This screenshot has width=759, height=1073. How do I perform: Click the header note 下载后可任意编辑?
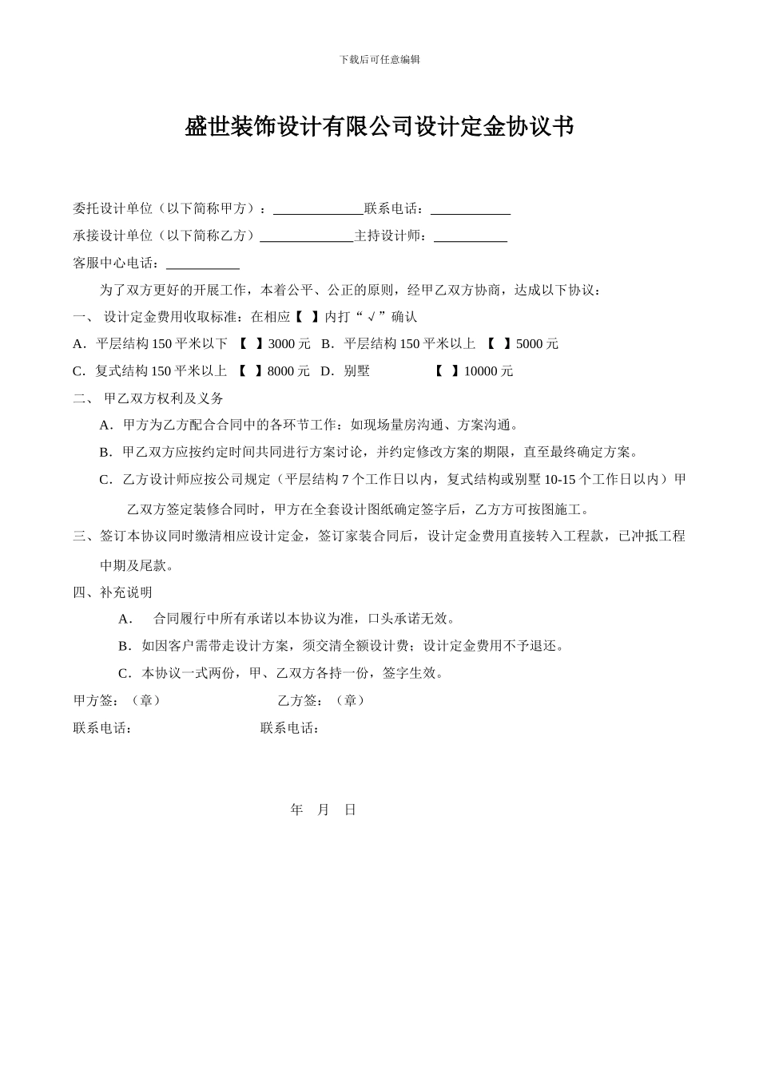click(379, 59)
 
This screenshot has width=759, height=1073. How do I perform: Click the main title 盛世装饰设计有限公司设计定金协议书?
click(379, 126)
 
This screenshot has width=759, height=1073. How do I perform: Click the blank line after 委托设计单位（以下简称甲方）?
click(318, 209)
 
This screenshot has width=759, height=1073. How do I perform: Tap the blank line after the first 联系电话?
click(470, 209)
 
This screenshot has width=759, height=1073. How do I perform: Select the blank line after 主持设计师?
click(470, 236)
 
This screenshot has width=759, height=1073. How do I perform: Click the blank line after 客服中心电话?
click(202, 263)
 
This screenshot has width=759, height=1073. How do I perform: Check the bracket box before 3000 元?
click(251, 344)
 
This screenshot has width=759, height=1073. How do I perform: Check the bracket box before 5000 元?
click(499, 344)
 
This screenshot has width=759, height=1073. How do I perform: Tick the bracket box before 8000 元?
click(250, 371)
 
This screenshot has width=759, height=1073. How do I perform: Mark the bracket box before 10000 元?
click(447, 371)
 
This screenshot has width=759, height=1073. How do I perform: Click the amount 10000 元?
click(488, 371)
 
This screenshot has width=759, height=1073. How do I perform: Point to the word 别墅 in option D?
click(356, 371)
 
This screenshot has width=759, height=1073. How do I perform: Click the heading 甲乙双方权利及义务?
click(164, 398)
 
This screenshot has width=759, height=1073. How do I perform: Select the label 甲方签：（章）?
click(117, 700)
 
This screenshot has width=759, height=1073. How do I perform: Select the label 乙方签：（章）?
click(321, 700)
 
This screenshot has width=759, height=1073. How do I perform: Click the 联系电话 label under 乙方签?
click(290, 728)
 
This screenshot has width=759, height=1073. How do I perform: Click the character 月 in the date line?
click(323, 810)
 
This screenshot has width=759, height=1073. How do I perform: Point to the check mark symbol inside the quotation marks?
click(372, 317)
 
